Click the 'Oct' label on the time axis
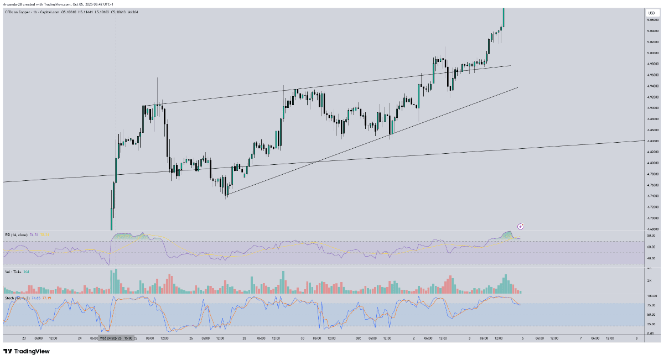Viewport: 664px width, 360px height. (x=358, y=337)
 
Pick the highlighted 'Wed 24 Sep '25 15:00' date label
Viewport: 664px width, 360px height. (x=116, y=337)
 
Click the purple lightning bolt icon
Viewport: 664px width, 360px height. (x=520, y=226)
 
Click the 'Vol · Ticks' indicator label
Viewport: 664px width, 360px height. (x=13, y=272)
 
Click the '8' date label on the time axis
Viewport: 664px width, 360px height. (x=637, y=337)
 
